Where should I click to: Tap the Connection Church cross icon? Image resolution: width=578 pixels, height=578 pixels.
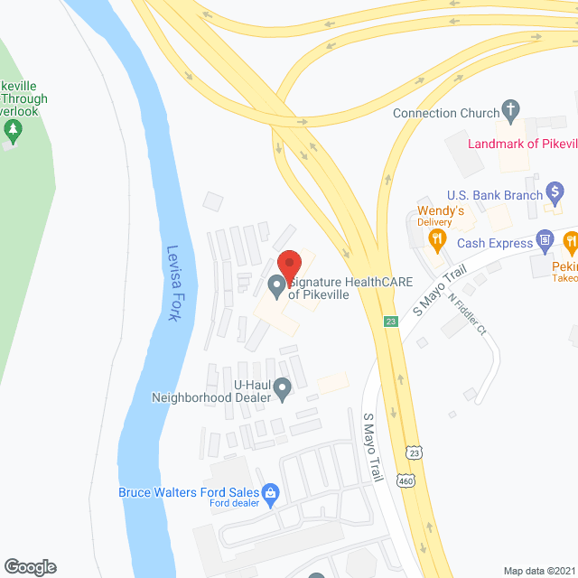click(510, 112)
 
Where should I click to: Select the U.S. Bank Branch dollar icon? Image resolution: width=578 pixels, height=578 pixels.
click(556, 192)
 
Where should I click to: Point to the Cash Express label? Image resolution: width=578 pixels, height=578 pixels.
click(495, 243)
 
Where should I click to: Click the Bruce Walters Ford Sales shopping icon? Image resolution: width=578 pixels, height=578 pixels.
click(269, 493)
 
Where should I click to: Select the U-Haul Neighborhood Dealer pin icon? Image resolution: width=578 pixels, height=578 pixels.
click(283, 389)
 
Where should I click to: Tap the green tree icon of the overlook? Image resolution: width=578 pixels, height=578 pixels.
click(13, 130)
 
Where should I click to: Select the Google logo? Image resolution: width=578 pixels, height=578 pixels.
click(29, 566)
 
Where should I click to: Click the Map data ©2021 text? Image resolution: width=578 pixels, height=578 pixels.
click(538, 571)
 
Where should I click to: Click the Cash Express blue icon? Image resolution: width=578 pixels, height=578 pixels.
click(545, 240)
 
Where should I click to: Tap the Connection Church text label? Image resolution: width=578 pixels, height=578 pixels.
click(446, 113)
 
